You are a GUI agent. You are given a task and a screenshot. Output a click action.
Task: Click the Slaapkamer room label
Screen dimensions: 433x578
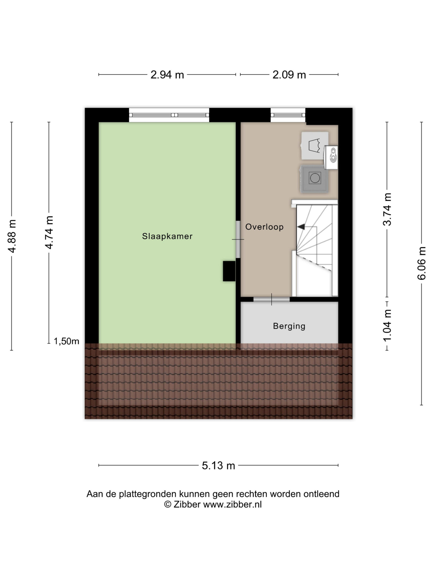tap(167, 236)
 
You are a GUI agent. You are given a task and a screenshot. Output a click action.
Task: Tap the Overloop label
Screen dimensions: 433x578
tap(264, 227)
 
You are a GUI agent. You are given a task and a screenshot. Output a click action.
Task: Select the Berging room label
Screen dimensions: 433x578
tap(289, 326)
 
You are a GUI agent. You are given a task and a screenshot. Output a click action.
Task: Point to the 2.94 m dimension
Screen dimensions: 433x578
tap(167, 75)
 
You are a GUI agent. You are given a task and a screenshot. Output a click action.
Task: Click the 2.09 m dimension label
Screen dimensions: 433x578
tap(289, 75)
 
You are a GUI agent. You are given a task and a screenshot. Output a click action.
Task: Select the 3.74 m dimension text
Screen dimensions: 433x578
tap(387, 209)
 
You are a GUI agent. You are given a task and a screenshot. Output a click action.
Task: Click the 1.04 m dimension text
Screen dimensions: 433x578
tap(387, 325)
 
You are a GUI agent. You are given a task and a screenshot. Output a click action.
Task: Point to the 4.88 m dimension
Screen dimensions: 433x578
tap(12, 236)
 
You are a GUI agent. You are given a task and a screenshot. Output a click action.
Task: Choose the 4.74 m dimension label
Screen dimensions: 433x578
tap(49, 233)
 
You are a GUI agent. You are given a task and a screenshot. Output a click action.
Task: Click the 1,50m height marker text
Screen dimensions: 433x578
tap(66, 341)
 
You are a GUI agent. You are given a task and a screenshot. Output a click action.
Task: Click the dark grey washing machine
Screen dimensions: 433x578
tap(314, 179)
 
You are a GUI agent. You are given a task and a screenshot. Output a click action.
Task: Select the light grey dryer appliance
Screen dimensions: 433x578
tap(315, 146)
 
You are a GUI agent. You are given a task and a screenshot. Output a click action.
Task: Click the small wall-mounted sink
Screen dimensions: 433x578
tap(331, 157)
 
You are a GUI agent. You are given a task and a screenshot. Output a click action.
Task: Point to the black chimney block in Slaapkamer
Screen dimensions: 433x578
tap(229, 271)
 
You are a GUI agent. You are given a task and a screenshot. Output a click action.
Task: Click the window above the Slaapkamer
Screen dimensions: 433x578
tap(169, 115)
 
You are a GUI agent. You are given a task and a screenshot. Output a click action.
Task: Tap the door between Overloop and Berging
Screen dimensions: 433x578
tap(272, 299)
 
